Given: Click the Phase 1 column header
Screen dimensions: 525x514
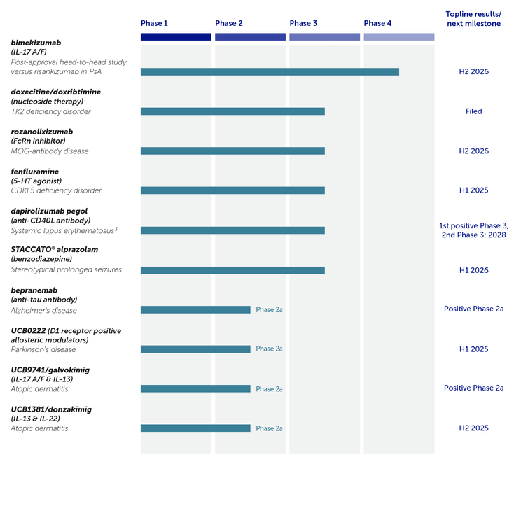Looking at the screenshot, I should pos(154,23).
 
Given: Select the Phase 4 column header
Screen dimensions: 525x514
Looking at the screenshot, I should pos(377,23).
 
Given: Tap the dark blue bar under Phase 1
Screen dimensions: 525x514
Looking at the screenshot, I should pos(176,36).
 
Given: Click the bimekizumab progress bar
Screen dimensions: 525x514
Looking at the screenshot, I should pos(270,71).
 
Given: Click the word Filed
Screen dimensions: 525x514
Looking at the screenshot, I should pos(473,111).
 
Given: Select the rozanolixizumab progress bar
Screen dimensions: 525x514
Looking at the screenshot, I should pos(232,150).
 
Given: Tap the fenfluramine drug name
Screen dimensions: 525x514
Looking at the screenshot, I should pos(35,171).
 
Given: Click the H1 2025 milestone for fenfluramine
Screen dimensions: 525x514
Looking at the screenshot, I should pos(473,190).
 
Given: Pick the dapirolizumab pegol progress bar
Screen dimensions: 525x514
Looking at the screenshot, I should pos(232,230).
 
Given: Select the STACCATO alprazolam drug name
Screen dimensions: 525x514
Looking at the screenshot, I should pos(55,250).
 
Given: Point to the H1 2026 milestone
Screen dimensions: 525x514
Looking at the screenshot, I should pos(473,270).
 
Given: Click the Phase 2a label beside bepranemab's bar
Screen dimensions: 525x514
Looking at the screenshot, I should pos(269,309).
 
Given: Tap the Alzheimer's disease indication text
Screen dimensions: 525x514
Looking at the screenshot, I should pos(43,310).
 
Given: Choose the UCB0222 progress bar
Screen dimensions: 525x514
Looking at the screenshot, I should pos(195,349).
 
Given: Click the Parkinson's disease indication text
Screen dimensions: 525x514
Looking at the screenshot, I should pos(43,349).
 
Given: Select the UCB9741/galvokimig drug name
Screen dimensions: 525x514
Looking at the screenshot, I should pos(50,369).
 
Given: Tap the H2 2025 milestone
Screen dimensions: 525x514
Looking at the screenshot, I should pos(473,428).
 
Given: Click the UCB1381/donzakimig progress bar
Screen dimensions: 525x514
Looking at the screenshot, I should pos(195,428).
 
